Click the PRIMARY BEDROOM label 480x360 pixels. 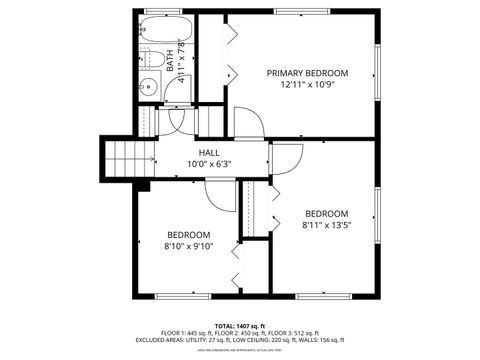pyautogui.click(x=307, y=73)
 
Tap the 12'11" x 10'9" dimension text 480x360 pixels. pyautogui.click(x=307, y=85)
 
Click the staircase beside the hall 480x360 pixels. pyautogui.click(x=128, y=158)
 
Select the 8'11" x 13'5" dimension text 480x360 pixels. pyautogui.click(x=326, y=225)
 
